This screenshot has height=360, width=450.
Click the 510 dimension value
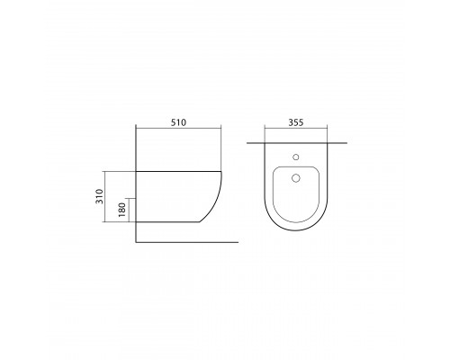(x=178, y=124)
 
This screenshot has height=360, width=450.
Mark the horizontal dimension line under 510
(x=178, y=133)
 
